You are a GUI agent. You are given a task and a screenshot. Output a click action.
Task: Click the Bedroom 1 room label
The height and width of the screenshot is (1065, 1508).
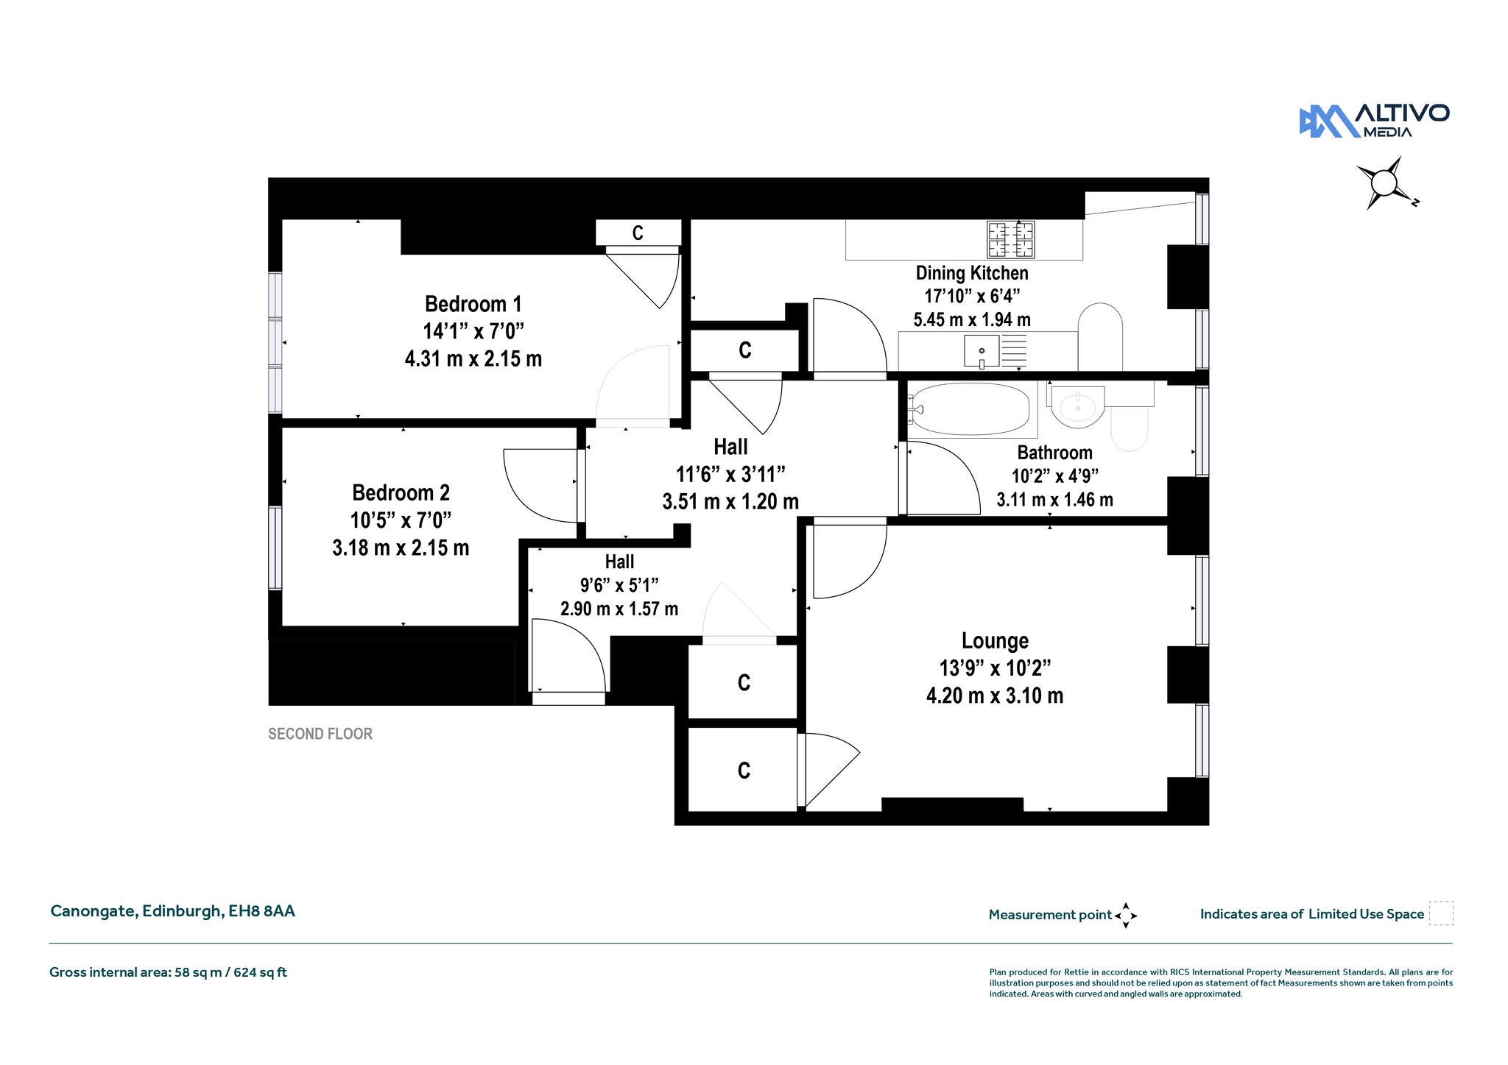pyautogui.click(x=473, y=304)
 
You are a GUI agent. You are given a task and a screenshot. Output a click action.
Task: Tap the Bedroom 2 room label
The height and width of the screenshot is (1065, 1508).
pyautogui.click(x=401, y=492)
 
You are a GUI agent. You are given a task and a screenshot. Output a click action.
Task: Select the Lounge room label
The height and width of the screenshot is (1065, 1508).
pyautogui.click(x=995, y=641)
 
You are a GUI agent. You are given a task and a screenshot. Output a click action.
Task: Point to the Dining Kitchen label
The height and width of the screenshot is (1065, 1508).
pyautogui.click(x=972, y=273)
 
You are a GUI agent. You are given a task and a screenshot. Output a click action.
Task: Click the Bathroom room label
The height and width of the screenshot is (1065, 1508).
pyautogui.click(x=1054, y=453)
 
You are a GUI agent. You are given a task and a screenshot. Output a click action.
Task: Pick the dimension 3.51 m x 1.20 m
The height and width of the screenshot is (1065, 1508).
pyautogui.click(x=730, y=502)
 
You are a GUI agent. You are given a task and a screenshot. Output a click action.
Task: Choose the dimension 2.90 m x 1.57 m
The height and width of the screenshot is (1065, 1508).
pyautogui.click(x=619, y=609)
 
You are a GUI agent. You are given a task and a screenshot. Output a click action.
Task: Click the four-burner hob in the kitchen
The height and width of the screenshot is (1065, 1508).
pyautogui.click(x=1011, y=239)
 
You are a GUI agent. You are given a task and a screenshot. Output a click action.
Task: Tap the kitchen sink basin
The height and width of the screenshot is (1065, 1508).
pyautogui.click(x=982, y=351)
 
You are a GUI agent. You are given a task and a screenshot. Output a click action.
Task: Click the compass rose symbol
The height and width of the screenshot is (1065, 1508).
pyautogui.click(x=1386, y=183)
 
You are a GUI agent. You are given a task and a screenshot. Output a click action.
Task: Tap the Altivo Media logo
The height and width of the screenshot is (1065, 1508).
pyautogui.click(x=1374, y=121)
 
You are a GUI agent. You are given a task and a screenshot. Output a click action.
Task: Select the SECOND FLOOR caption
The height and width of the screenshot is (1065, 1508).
pyautogui.click(x=320, y=734)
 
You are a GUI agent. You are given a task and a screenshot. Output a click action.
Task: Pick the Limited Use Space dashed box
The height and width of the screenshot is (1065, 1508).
pyautogui.click(x=1441, y=913)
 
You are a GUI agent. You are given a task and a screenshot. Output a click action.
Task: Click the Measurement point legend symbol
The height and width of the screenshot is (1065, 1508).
pyautogui.click(x=1126, y=916)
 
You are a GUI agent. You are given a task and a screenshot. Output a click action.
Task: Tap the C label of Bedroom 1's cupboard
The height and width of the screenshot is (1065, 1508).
pyautogui.click(x=638, y=233)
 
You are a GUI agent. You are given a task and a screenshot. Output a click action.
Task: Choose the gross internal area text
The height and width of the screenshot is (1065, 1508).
pyautogui.click(x=168, y=972)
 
